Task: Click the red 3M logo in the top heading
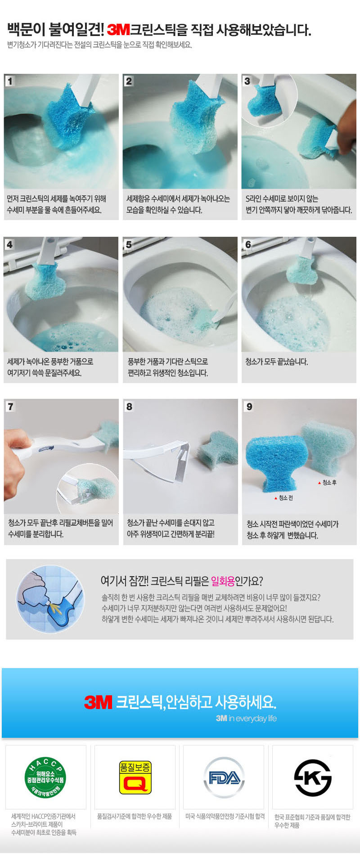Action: point(118,30)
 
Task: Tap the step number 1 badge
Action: point(10,81)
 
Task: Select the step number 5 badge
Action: point(129,244)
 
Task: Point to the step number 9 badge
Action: point(249,406)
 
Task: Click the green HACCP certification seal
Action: point(45,777)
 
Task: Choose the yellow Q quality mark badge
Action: point(135,777)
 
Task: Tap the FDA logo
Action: point(224,777)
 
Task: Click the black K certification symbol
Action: point(313,778)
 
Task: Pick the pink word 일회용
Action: point(223,581)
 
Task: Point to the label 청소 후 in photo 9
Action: point(327,483)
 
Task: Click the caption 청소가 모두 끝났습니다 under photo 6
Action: point(276,362)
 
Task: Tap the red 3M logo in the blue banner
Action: point(98,702)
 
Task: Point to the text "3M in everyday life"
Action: point(246,718)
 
